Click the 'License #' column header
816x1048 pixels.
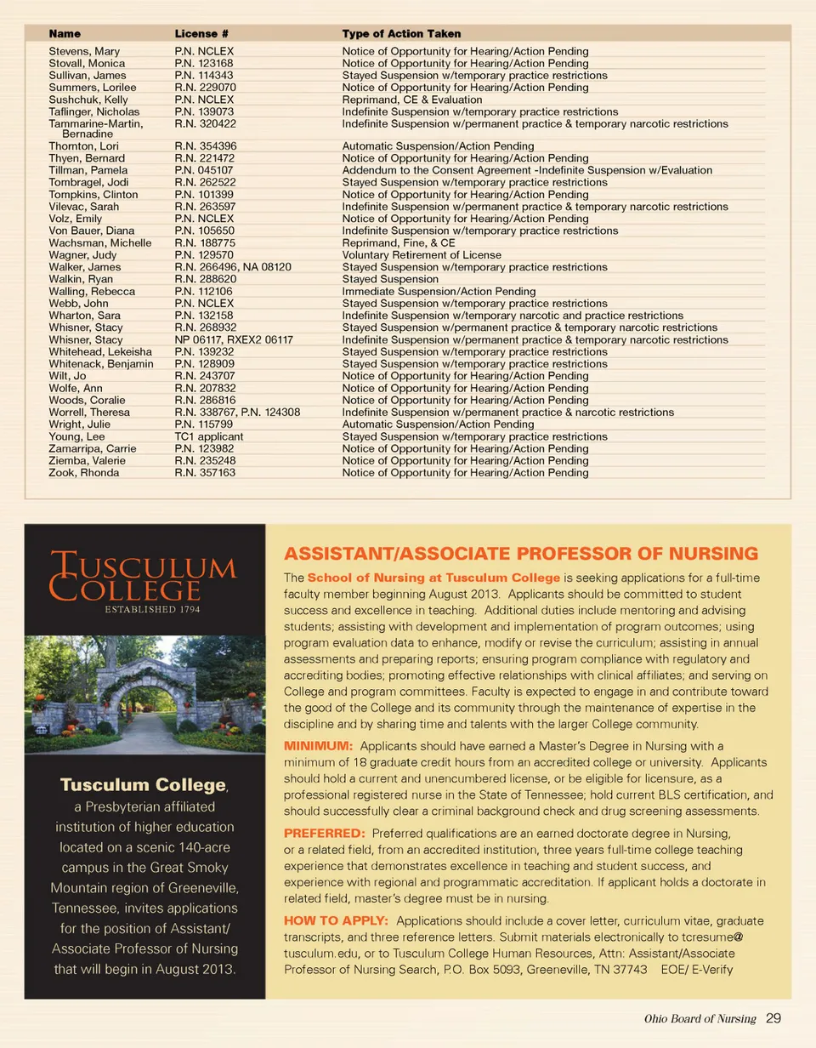tap(201, 34)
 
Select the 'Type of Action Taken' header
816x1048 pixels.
tap(401, 34)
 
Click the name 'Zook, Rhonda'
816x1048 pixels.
tap(84, 473)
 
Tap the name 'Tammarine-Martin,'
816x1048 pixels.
tap(95, 124)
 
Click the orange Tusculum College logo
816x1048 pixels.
tap(143, 577)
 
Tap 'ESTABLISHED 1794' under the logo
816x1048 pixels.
tap(143, 609)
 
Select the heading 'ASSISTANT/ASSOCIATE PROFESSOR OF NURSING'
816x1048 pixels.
tap(519, 555)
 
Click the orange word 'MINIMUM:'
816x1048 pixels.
tap(318, 746)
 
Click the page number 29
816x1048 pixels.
tap(773, 1018)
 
